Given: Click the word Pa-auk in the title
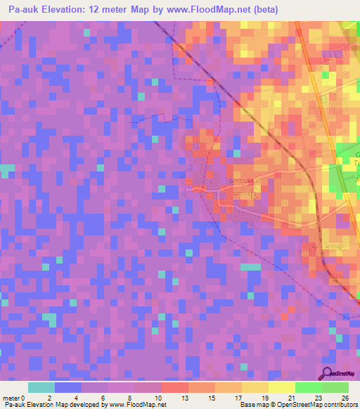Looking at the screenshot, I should pos(24,10).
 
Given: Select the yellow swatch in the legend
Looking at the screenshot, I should pos(282,387).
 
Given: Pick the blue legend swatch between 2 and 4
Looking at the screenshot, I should pos(68,387).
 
